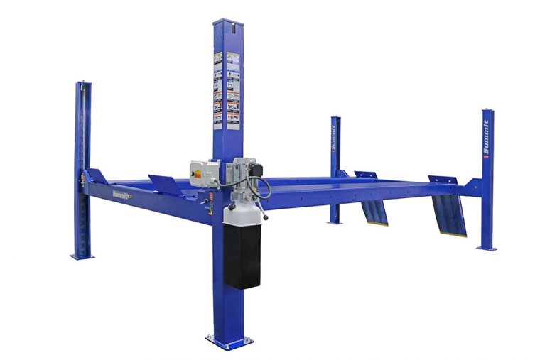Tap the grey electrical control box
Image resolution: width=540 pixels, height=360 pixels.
(203, 171)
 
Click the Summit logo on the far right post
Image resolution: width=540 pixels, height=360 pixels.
(486, 139)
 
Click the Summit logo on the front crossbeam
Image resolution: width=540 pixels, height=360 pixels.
(121, 193)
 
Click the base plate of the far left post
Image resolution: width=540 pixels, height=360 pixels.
(82, 256)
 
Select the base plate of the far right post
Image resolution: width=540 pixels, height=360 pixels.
(487, 248)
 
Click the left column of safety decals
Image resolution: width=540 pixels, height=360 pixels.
(217, 89)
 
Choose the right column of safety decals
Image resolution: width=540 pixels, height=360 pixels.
(232, 89)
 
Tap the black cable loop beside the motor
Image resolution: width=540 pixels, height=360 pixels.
(264, 188)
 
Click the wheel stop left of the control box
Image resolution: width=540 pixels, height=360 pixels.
(166, 185)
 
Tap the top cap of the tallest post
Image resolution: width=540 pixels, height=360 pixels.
(227, 22)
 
